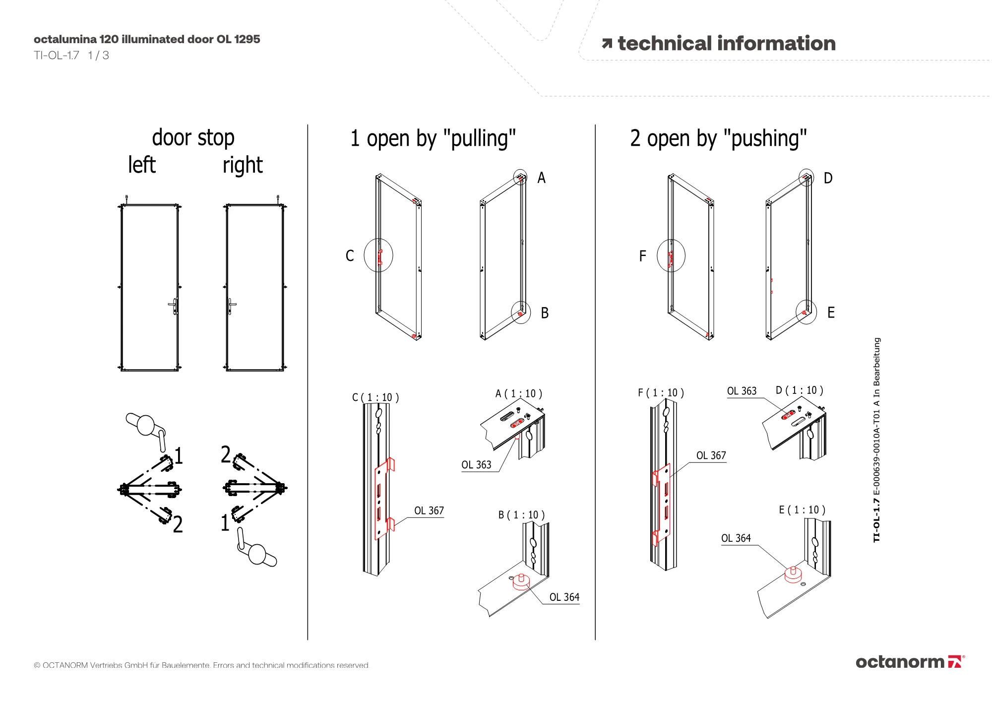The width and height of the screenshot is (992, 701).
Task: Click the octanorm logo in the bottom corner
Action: [x=909, y=662]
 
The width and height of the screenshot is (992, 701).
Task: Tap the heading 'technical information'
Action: [x=726, y=44]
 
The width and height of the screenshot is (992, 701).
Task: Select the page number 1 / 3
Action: [x=98, y=56]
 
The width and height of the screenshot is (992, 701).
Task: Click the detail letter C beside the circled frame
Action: [x=350, y=256]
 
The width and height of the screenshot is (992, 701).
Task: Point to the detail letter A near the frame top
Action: [x=541, y=178]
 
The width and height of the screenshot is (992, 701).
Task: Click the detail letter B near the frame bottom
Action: [x=545, y=313]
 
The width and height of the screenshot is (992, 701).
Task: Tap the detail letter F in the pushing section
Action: [x=642, y=256]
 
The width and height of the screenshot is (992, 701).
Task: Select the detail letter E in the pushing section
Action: [x=831, y=313]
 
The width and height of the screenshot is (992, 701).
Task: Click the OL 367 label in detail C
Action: [x=429, y=510]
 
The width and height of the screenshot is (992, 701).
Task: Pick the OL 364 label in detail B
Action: [x=564, y=597]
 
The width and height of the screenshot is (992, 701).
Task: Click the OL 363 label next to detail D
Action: [x=742, y=391]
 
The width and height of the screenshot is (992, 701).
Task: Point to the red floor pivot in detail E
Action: [x=793, y=574]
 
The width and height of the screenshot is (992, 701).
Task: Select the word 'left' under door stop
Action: [x=142, y=165]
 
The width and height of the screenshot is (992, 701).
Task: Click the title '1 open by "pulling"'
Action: [x=433, y=138]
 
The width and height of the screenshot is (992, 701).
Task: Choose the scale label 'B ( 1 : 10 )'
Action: [x=521, y=515]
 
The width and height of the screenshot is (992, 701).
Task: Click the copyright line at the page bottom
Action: [x=201, y=665]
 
